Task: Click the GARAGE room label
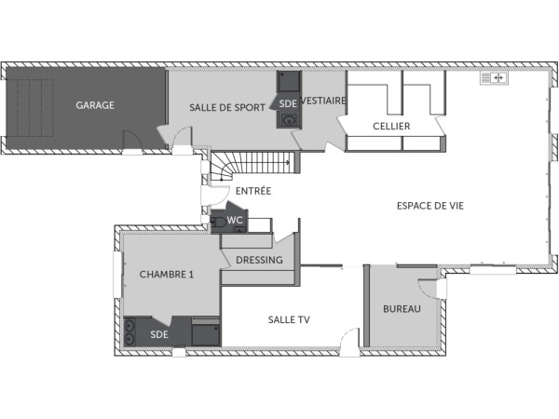coord(95,105)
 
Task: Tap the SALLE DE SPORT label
coord(220,107)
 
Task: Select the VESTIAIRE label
coord(325,101)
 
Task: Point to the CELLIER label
coord(391,126)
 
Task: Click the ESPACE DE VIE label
coord(430,205)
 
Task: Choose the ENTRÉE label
coord(253,191)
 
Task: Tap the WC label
coord(235,221)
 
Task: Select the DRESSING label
coord(259,260)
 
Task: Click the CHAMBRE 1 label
coord(167,274)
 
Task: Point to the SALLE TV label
coord(289,319)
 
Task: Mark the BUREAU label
coord(402,308)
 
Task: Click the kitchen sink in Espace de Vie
coord(493,78)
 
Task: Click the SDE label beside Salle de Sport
coord(288,103)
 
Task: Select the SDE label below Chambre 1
coord(160,334)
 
